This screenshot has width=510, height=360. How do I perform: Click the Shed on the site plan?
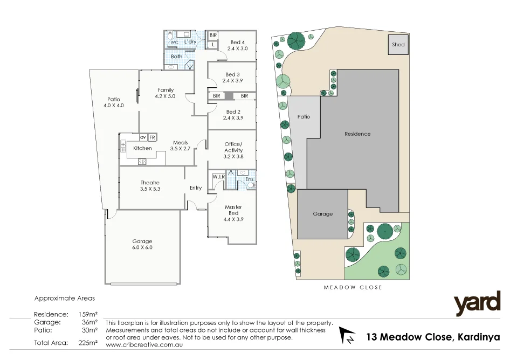(398, 45)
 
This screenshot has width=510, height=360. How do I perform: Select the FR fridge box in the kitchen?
(152, 137)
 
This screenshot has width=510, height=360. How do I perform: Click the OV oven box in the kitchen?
(143, 137)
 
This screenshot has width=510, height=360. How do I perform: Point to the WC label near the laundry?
(174, 42)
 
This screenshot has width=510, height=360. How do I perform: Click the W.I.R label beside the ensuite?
(218, 176)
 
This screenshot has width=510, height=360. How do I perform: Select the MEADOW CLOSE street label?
(353, 287)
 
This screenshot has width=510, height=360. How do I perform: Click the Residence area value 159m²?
(88, 314)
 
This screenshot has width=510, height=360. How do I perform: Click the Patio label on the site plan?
(304, 116)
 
